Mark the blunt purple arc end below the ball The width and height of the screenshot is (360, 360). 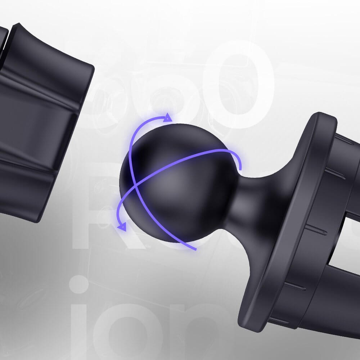[x=195, y=249]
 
